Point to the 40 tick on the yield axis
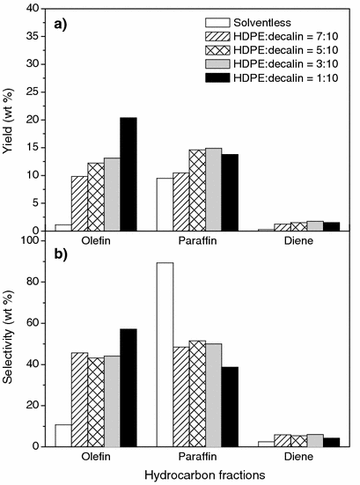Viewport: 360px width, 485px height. [x=35, y=9]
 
